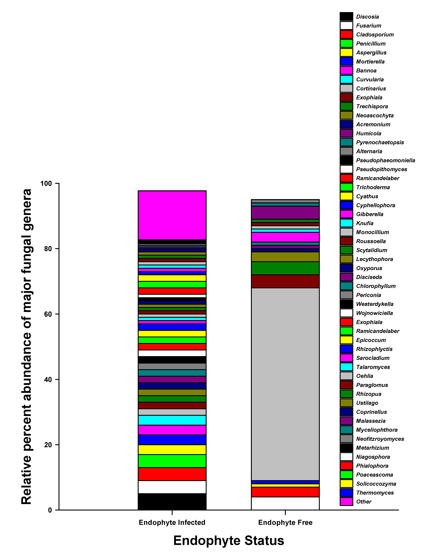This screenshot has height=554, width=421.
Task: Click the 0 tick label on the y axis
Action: coord(50,510)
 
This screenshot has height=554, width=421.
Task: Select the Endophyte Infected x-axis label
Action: coord(172,522)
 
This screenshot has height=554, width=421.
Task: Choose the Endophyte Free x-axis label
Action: coord(285,522)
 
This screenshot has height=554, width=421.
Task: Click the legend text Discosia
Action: coord(367,17)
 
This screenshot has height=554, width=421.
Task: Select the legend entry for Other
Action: coord(364,502)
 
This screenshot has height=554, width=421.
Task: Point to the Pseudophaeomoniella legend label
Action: coord(385,160)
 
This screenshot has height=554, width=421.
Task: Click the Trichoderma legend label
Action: coord(373,187)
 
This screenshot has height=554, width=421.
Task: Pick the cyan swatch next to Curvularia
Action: coord(346,79)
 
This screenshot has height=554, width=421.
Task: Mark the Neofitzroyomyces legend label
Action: coord(380,439)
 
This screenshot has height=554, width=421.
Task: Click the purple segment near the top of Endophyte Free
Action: coord(285,213)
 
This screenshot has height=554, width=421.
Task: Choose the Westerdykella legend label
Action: coord(375,304)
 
